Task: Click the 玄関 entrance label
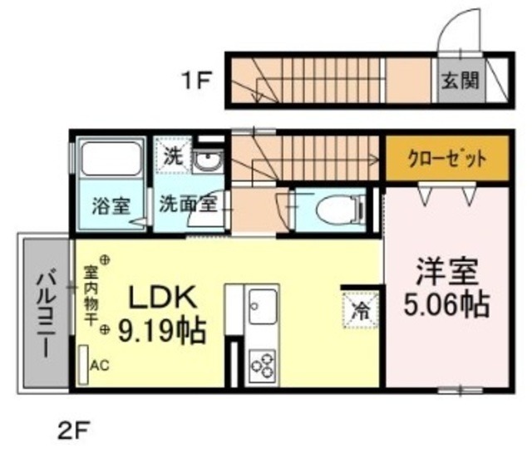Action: coord(459,81)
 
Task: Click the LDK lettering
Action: coord(162,299)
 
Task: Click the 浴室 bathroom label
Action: coord(110,205)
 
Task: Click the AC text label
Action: coord(100,364)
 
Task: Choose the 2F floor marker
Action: coord(72,430)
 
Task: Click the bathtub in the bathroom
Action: coord(110,159)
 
